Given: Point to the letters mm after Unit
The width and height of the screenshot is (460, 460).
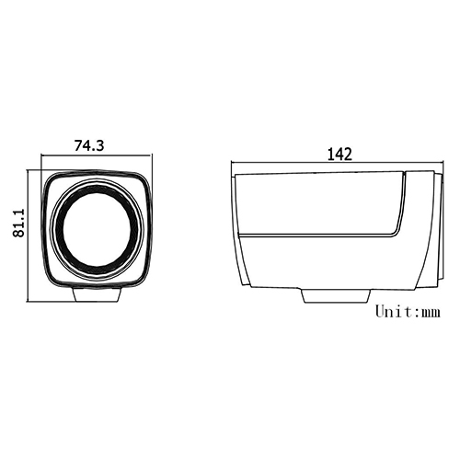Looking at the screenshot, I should [430, 313].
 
